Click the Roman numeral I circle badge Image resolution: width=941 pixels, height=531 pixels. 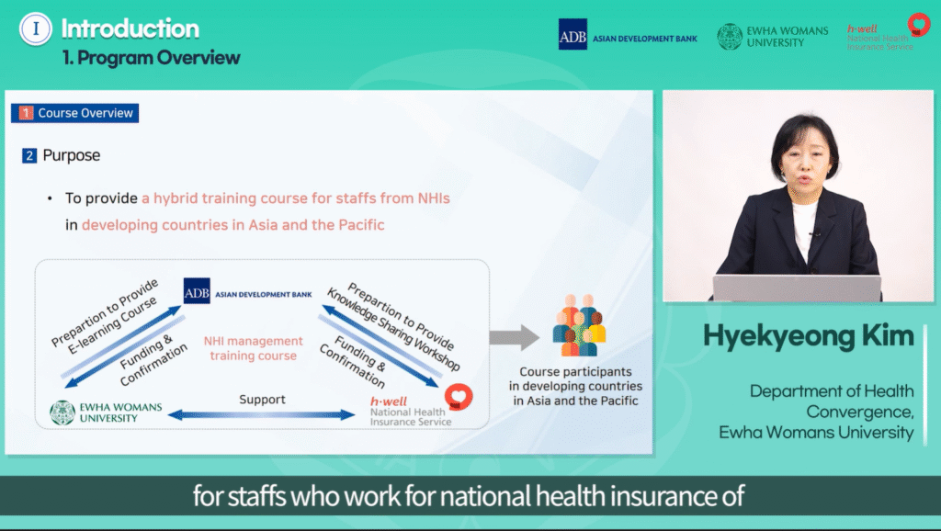[x=36, y=28]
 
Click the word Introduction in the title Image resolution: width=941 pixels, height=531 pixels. [x=130, y=28]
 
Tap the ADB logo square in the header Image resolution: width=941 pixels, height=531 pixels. [x=573, y=34]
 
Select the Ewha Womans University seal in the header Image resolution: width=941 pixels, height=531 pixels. [x=730, y=37]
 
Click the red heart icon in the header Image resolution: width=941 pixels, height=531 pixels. [x=918, y=25]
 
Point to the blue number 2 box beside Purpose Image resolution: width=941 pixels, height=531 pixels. [x=28, y=156]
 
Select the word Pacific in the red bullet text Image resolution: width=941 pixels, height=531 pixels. [x=361, y=225]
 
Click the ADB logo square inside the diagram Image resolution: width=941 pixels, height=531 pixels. [x=197, y=291]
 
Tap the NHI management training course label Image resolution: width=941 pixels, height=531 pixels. [x=254, y=348]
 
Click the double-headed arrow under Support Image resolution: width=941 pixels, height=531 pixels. [x=262, y=414]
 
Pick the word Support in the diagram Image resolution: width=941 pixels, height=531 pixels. [x=262, y=400]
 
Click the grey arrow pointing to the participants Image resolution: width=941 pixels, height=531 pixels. [x=515, y=337]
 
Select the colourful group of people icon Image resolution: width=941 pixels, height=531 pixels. [x=579, y=326]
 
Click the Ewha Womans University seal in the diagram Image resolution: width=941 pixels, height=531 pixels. [x=62, y=412]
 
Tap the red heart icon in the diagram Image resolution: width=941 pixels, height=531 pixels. [x=459, y=397]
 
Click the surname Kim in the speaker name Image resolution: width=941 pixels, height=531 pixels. [x=888, y=336]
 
